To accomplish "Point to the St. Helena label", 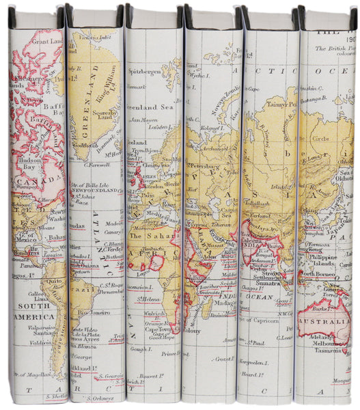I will click(x=148, y=298).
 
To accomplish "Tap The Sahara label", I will click(x=148, y=236).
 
